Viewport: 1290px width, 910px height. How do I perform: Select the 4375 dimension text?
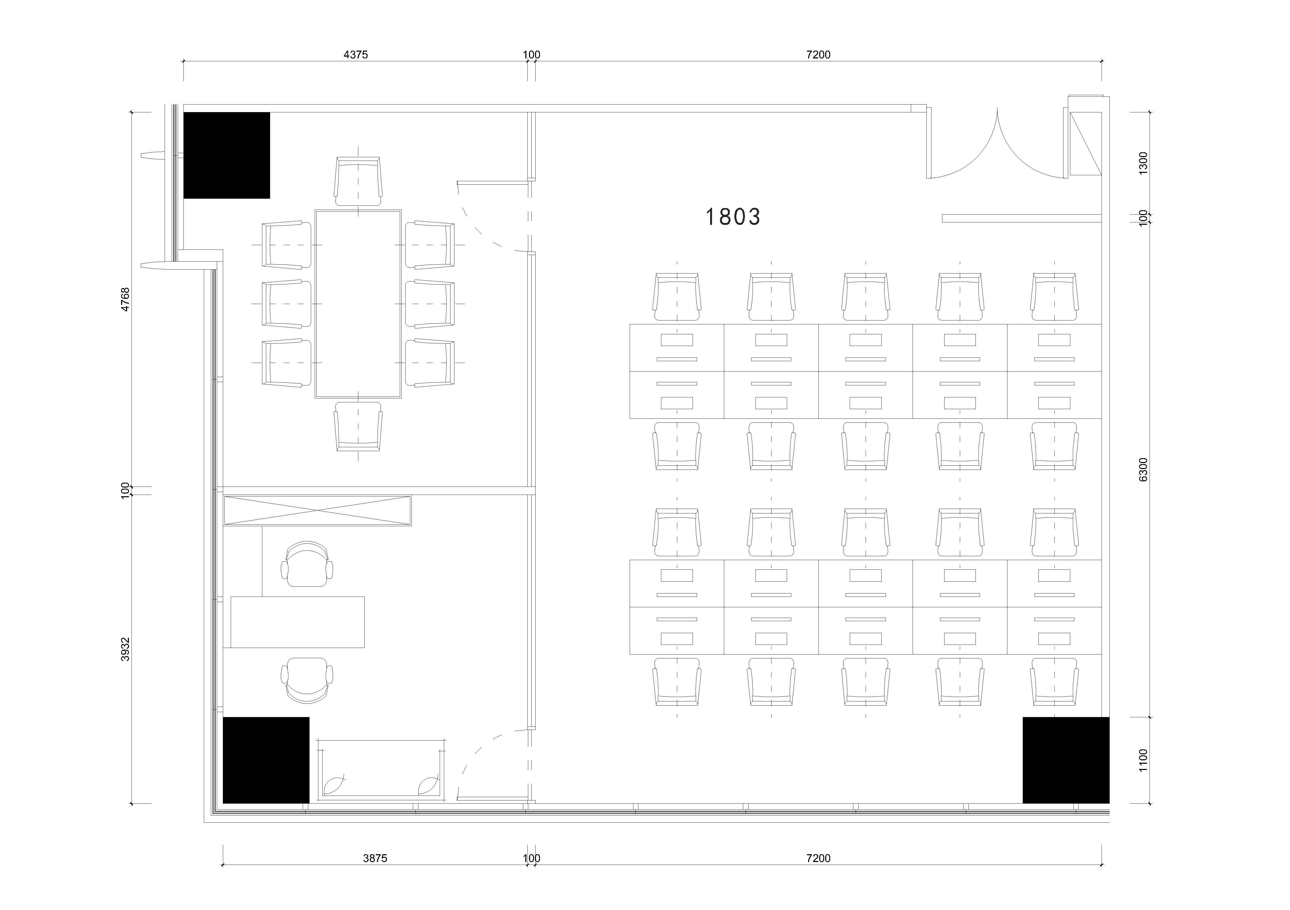point(356,54)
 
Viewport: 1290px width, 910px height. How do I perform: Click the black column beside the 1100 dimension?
point(1066,760)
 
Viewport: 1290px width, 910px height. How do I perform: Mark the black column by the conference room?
point(227,155)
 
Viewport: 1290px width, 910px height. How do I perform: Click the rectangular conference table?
point(358,304)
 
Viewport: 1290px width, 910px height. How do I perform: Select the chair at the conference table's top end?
point(358,181)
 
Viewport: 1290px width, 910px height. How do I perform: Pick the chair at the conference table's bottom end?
point(358,426)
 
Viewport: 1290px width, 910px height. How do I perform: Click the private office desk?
point(297,622)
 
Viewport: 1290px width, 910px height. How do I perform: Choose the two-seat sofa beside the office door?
point(381,770)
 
